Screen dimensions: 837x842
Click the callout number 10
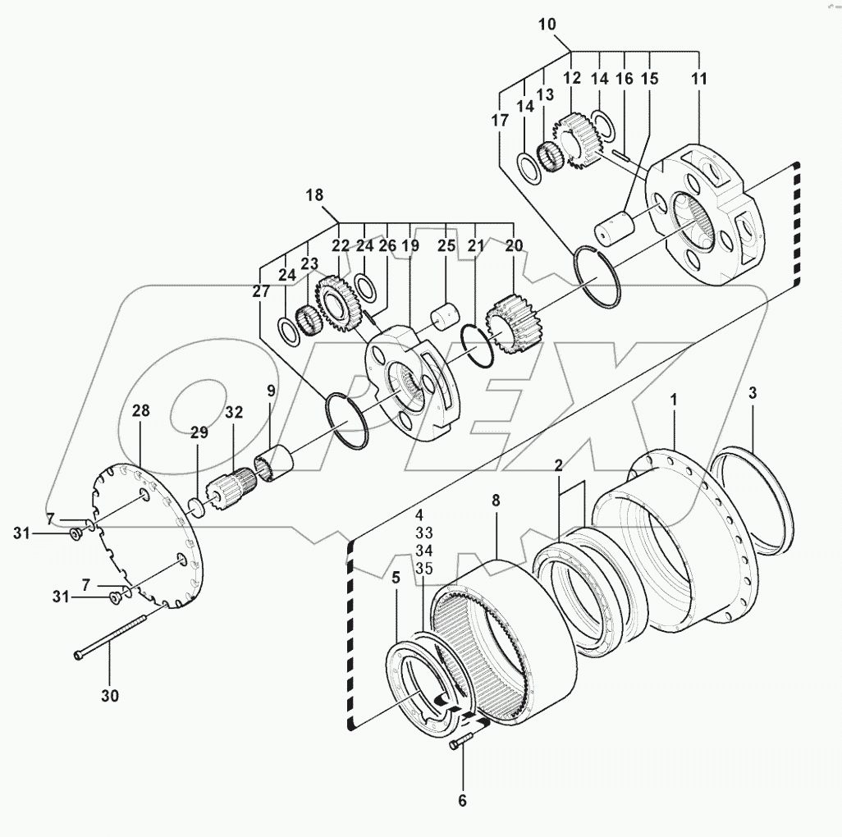[547, 24]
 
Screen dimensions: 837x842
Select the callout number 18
[314, 195]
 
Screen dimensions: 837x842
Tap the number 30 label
[110, 696]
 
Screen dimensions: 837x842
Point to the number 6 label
[462, 800]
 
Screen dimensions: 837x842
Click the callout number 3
[753, 393]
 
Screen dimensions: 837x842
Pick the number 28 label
[141, 410]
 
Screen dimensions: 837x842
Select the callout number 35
[423, 567]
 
